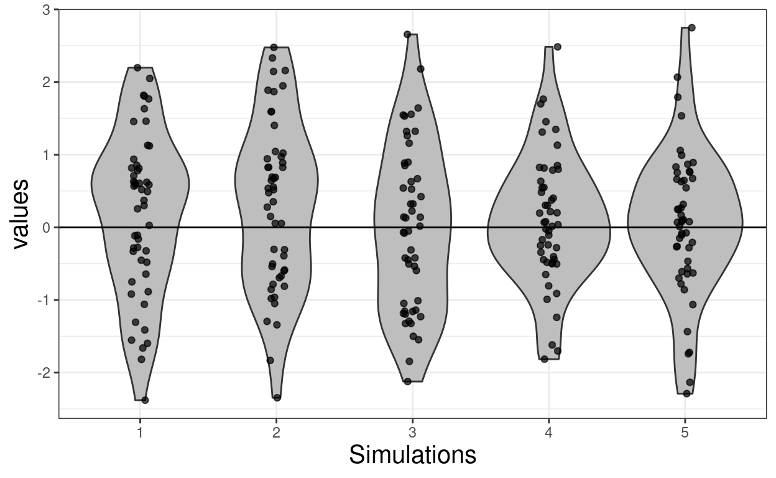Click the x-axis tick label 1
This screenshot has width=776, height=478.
click(x=140, y=433)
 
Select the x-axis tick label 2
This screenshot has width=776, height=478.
click(x=276, y=433)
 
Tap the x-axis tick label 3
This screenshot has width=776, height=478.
click(x=412, y=433)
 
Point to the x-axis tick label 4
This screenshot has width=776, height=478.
click(x=548, y=433)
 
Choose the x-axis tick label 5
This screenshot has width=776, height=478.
click(x=685, y=433)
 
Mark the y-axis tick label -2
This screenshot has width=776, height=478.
click(x=45, y=373)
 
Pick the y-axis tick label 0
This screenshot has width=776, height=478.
click(x=47, y=228)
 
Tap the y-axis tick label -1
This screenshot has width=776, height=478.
click(x=45, y=300)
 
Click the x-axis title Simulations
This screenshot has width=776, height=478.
click(x=412, y=455)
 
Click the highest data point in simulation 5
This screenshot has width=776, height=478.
click(x=691, y=27)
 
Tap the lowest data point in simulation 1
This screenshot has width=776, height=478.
click(x=145, y=400)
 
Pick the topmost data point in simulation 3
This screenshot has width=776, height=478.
click(x=407, y=34)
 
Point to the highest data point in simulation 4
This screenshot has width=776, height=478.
click(x=557, y=47)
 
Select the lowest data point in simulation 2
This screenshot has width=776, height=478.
click(x=277, y=398)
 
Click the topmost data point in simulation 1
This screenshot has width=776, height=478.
click(x=137, y=67)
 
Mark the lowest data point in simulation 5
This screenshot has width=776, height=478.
click(x=686, y=393)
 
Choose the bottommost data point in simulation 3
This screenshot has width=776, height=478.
click(x=407, y=382)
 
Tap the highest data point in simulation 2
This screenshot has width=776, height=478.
click(x=274, y=47)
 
